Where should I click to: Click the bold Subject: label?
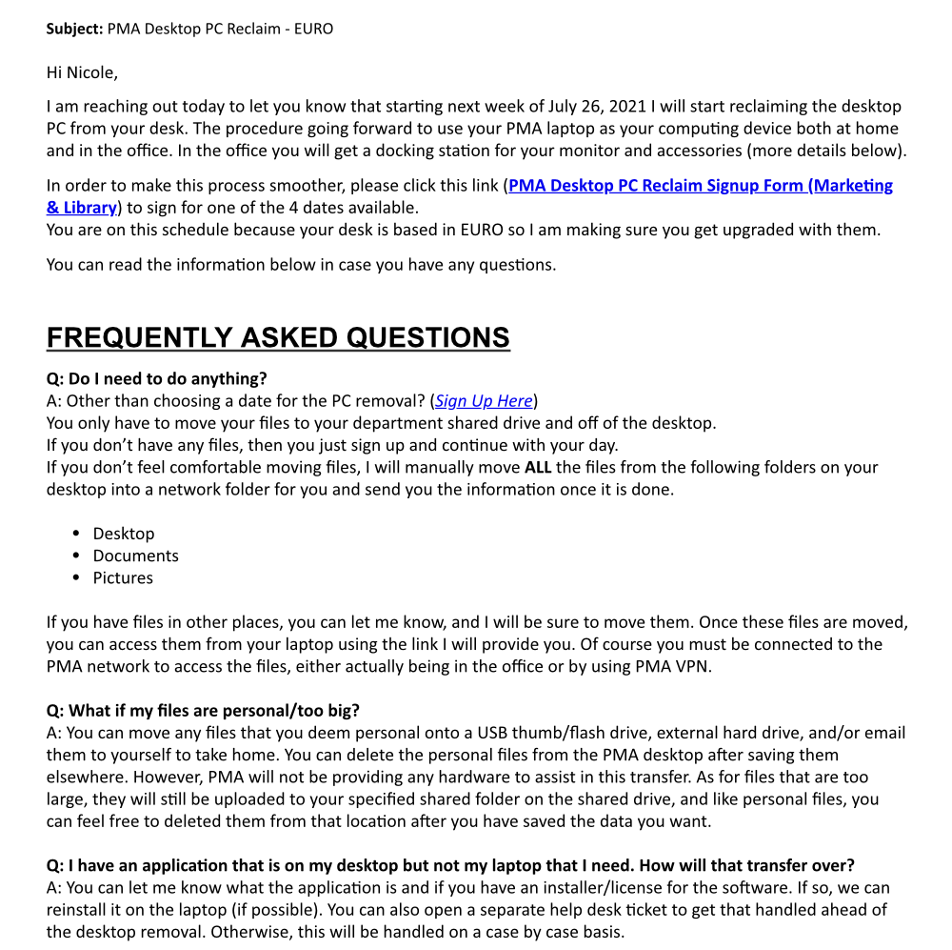74,29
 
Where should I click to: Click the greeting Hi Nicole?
82,72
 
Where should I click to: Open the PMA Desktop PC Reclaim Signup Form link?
700,186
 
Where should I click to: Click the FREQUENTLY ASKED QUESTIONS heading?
278,337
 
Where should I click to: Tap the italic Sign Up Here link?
484,401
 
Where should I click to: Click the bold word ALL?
538,468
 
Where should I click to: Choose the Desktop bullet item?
123,534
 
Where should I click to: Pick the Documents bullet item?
135,556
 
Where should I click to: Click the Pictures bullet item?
123,577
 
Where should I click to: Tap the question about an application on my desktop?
450,865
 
